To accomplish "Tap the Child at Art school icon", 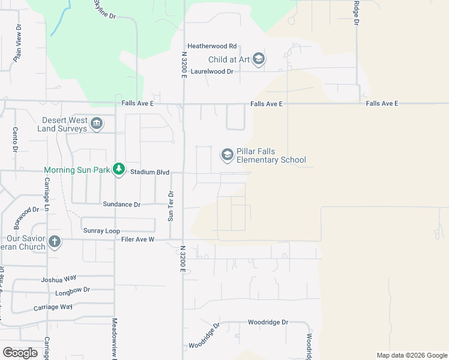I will click(259, 59).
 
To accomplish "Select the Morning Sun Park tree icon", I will click(119, 170).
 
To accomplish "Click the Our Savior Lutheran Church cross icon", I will click(55, 242).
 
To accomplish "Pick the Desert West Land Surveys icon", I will click(97, 124).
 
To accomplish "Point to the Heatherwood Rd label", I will click(212, 46).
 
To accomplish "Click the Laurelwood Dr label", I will click(211, 71).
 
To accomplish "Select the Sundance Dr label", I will click(121, 205).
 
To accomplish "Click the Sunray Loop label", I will click(101, 231).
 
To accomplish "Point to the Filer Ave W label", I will click(139, 239).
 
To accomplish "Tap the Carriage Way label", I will click(55, 307).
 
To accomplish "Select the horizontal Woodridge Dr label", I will click(268, 322).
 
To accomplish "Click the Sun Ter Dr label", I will click(170, 206).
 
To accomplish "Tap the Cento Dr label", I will click(14, 139).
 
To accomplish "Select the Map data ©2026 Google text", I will click(412, 355).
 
